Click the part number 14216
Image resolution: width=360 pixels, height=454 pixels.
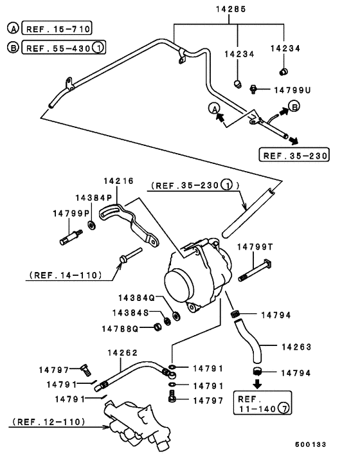(118, 182)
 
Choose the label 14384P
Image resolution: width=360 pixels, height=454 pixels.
(94, 198)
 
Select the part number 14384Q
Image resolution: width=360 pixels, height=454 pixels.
(136, 298)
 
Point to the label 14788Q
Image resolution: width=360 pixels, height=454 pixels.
(120, 329)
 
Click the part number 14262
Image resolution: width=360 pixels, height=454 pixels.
(122, 352)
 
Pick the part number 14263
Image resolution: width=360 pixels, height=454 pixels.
(296, 347)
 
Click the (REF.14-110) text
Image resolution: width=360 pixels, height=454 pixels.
(66, 275)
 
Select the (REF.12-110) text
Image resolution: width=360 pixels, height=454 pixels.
(48, 424)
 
